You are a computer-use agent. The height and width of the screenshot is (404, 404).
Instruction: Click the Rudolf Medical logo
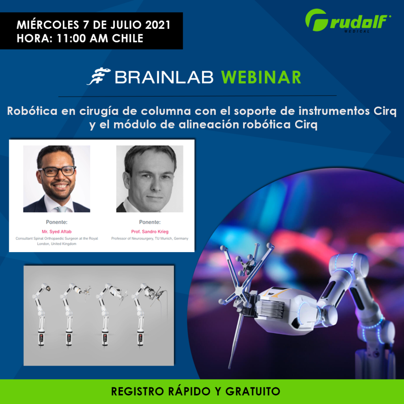(x=348, y=21)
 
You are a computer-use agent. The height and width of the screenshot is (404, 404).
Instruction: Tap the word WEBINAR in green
(x=261, y=77)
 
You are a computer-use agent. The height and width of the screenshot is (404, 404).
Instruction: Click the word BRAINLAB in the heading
(x=164, y=77)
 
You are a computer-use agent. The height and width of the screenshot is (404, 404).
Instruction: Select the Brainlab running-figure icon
(x=99, y=76)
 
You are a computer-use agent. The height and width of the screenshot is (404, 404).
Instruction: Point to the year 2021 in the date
(x=158, y=25)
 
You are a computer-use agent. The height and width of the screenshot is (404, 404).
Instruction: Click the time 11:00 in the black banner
(x=71, y=38)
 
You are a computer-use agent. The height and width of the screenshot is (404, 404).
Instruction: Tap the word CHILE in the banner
(x=127, y=38)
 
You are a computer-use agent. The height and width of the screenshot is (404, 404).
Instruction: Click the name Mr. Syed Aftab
(x=57, y=232)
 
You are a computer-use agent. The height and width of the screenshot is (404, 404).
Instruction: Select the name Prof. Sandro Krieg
(x=150, y=232)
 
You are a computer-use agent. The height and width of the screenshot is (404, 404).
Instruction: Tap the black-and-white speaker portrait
(x=150, y=179)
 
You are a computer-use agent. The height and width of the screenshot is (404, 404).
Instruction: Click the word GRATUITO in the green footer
(x=252, y=391)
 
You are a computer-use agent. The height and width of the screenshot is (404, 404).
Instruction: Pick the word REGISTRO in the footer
(x=137, y=391)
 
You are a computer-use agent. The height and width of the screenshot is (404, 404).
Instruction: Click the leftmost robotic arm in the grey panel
(x=41, y=315)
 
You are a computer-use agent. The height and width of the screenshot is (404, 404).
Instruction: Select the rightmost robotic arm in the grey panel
(x=148, y=315)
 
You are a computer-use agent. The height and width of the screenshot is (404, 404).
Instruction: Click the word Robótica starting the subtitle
(x=32, y=111)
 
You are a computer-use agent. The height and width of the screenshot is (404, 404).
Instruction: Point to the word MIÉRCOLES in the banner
(x=48, y=25)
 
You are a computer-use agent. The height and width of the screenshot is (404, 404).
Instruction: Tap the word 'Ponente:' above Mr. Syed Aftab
(x=57, y=222)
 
